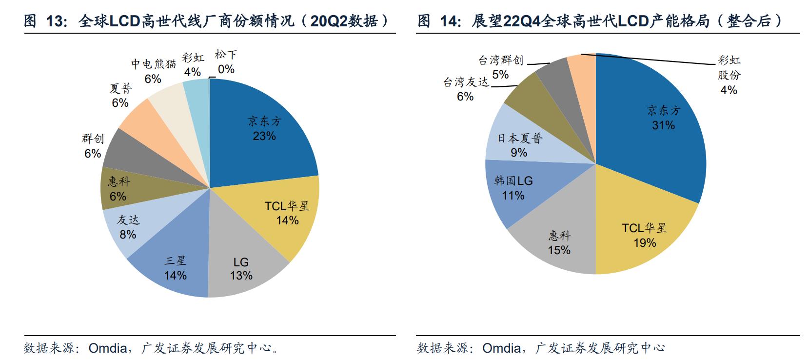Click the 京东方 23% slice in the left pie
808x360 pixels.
pyautogui.click(x=264, y=129)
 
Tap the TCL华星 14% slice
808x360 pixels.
pyautogui.click(x=287, y=213)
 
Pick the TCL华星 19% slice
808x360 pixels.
pyautogui.click(x=644, y=235)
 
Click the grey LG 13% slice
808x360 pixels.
pyautogui.click(x=241, y=269)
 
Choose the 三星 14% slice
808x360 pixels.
pyautogui.click(x=175, y=268)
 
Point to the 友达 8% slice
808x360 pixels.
pyautogui.click(x=128, y=227)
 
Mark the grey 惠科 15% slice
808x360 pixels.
pyautogui.click(x=559, y=243)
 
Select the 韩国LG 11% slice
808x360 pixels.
pyautogui.click(x=513, y=188)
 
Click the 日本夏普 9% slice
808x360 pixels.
pyautogui.click(x=519, y=145)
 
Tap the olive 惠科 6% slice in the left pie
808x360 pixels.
pyautogui.click(x=118, y=189)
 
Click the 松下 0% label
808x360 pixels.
pyautogui.click(x=226, y=62)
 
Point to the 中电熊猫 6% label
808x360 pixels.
pyautogui.click(x=153, y=71)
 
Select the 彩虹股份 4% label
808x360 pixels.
pyautogui.click(x=729, y=75)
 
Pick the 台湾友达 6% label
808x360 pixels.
pyautogui.click(x=465, y=89)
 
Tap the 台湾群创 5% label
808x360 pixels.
pyautogui.click(x=500, y=67)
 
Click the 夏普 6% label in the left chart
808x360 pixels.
pyautogui.click(x=120, y=95)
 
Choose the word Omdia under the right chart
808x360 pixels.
pyautogui.click(x=501, y=348)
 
